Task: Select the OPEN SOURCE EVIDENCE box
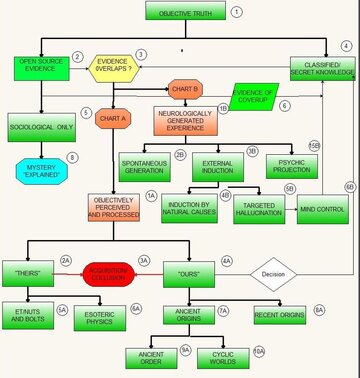(40, 67)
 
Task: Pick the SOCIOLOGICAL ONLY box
(41, 129)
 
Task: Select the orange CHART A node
(115, 120)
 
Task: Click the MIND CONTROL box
(321, 210)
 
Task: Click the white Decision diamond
(274, 273)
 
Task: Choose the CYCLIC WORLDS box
(218, 355)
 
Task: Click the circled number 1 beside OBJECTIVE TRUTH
(237, 12)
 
